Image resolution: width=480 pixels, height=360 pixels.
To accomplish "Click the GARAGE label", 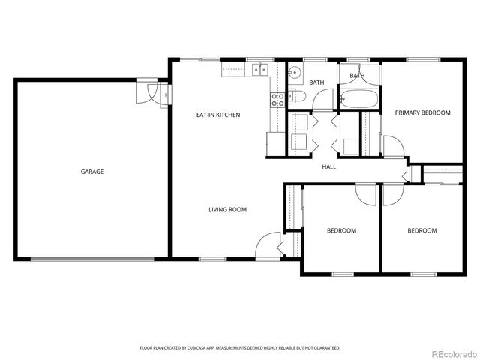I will click(x=92, y=172).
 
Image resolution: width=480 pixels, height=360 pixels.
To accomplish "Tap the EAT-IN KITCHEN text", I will click(x=217, y=115).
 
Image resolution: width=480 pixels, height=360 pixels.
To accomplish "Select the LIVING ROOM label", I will click(x=227, y=210).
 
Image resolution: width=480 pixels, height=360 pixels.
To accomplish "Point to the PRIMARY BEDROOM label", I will click(x=422, y=112).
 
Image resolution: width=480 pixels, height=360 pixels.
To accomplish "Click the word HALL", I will click(x=328, y=166).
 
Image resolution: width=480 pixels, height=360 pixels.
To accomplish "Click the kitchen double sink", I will click(x=260, y=70).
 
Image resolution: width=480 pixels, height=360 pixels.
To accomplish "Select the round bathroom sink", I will click(x=295, y=73).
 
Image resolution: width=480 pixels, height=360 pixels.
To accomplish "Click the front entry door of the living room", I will click(x=266, y=244).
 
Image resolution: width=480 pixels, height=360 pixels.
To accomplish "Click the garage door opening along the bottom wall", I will click(x=94, y=259).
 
